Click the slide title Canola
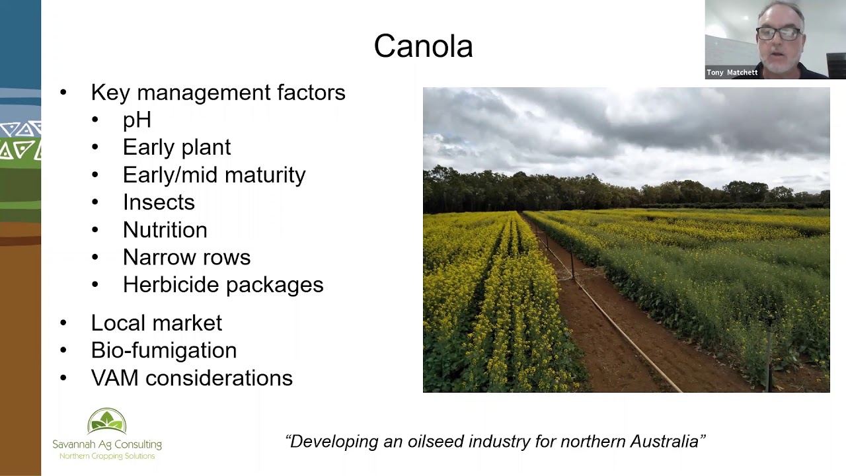click(423, 46)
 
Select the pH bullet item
click(137, 120)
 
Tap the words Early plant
click(176, 147)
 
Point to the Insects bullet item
click(159, 202)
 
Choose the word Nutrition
click(165, 229)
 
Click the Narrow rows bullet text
click(186, 257)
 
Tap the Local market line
click(156, 323)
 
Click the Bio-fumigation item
click(163, 350)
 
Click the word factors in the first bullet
click(311, 93)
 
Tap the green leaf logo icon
click(106, 421)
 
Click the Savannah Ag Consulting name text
click(107, 444)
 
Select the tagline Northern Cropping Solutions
click(107, 456)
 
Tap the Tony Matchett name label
click(732, 73)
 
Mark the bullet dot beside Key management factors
click(63, 93)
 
